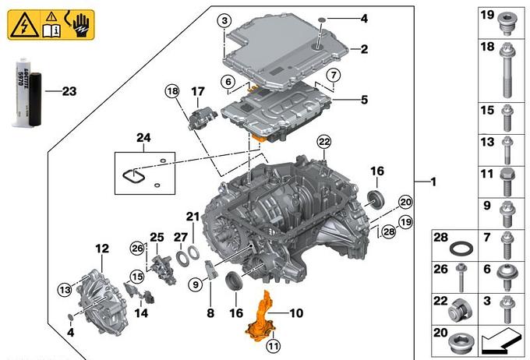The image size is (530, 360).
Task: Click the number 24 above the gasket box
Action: (143, 138)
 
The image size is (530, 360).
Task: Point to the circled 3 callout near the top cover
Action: (224, 19)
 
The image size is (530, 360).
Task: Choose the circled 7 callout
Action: (333, 75)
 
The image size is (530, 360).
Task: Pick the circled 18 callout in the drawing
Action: (171, 91)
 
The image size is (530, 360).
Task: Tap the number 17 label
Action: (197, 91)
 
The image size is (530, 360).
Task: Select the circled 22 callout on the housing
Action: (323, 140)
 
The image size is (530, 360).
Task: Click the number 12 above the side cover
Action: (102, 249)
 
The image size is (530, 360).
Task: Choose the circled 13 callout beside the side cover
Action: (63, 290)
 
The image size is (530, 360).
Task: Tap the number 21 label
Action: (193, 216)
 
